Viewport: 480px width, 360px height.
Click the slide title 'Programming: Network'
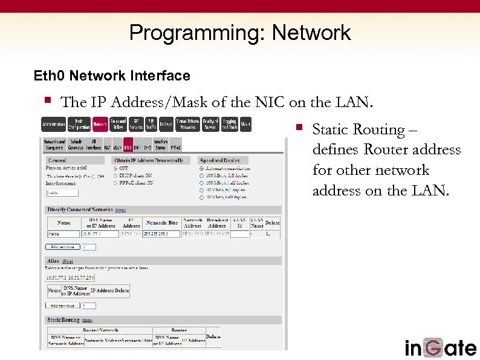pos(240,32)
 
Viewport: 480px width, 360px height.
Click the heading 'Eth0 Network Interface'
pos(112,76)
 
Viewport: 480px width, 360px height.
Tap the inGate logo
pos(440,347)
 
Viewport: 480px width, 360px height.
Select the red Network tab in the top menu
pos(100,124)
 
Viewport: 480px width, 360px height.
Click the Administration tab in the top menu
pos(53,124)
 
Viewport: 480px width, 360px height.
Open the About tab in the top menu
pos(245,124)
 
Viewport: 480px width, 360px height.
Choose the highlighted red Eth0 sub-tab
pos(128,146)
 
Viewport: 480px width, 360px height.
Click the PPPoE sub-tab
pos(175,146)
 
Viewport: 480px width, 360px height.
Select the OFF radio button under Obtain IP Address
pos(116,168)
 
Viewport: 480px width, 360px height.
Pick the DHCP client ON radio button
pos(116,175)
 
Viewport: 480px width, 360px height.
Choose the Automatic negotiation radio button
pos(202,168)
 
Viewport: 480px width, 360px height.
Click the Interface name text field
pos(62,193)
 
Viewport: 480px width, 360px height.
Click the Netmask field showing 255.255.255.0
pos(161,234)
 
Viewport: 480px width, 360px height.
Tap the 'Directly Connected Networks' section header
pos(80,209)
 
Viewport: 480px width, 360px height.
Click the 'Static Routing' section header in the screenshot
pos(63,319)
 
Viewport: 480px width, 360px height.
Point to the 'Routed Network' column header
pos(100,330)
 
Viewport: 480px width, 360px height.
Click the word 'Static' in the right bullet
pos(328,129)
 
